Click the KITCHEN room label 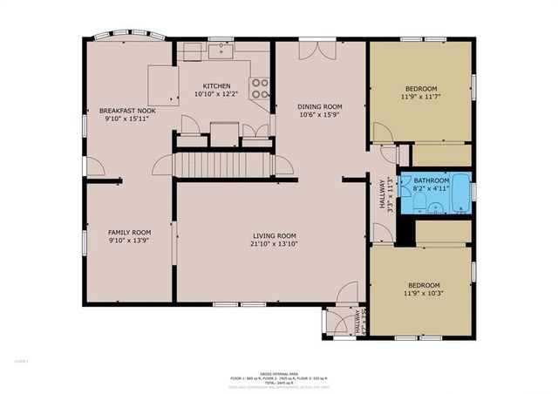(217, 85)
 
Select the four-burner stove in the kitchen (259, 86)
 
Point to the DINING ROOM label (317, 105)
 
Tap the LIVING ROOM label (275, 235)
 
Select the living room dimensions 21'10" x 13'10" (275, 244)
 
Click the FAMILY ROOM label (129, 232)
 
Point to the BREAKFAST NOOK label (126, 111)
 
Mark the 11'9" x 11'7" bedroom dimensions (421, 97)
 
